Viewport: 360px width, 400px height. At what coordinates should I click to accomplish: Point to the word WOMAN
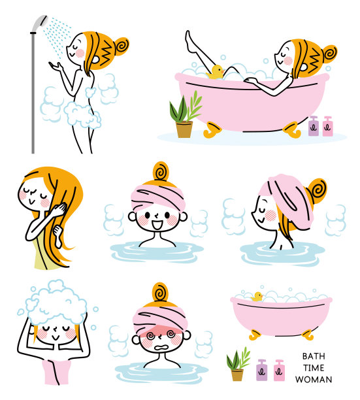click(314, 380)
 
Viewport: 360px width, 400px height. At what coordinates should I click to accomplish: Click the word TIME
click(313, 368)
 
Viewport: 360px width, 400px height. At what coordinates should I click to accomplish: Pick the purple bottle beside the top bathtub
click(314, 126)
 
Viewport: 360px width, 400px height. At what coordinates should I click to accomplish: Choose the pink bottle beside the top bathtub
click(327, 126)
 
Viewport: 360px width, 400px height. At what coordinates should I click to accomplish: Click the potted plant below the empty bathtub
click(237, 365)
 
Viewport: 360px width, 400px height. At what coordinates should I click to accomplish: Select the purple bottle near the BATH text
click(262, 370)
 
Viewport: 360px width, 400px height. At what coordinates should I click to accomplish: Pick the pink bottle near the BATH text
click(279, 370)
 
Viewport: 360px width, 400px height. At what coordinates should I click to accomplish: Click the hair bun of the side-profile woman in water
click(318, 190)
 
